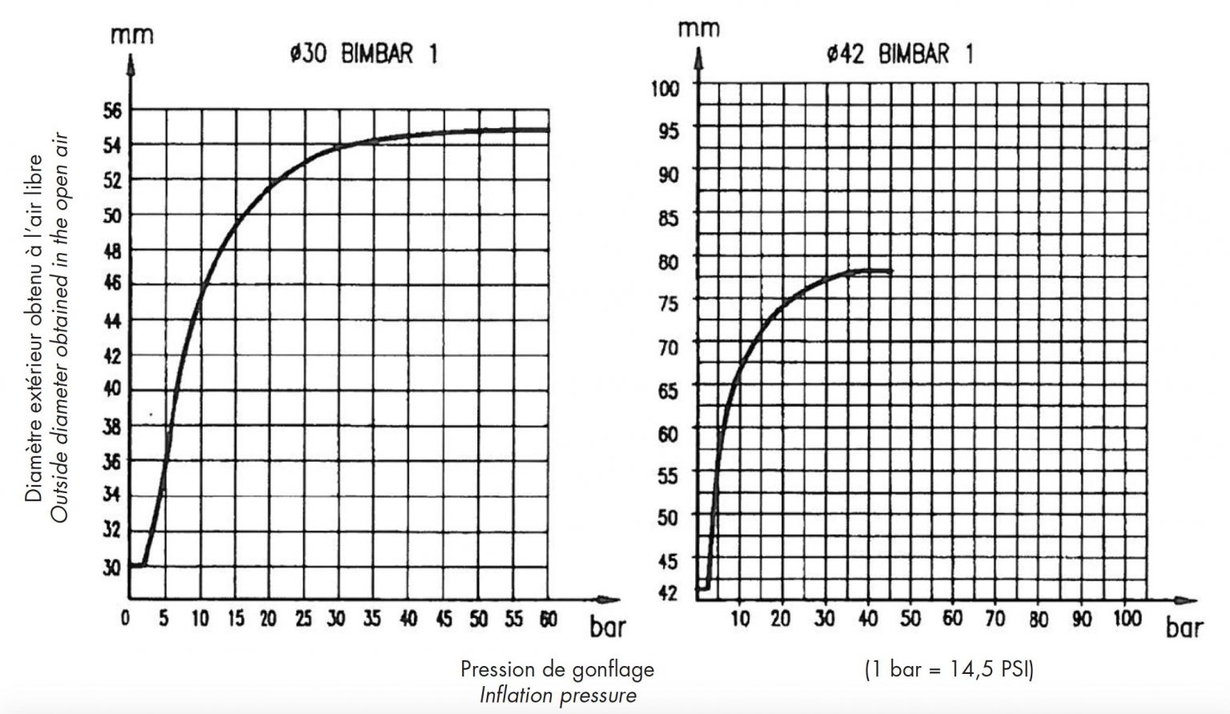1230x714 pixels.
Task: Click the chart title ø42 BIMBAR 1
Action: [900, 54]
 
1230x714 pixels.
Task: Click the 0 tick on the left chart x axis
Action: [127, 619]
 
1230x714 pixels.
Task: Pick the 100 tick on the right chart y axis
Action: [668, 87]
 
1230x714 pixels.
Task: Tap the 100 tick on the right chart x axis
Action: [1126, 619]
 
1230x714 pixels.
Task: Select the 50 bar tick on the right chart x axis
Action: [911, 619]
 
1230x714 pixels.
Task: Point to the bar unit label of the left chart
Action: [608, 628]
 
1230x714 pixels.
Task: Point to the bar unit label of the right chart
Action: [1184, 628]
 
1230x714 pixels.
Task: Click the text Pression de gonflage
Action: [557, 669]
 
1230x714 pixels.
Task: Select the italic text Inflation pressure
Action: [557, 695]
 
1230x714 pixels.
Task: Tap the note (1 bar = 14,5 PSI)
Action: [949, 669]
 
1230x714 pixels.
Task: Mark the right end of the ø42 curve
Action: [890, 271]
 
